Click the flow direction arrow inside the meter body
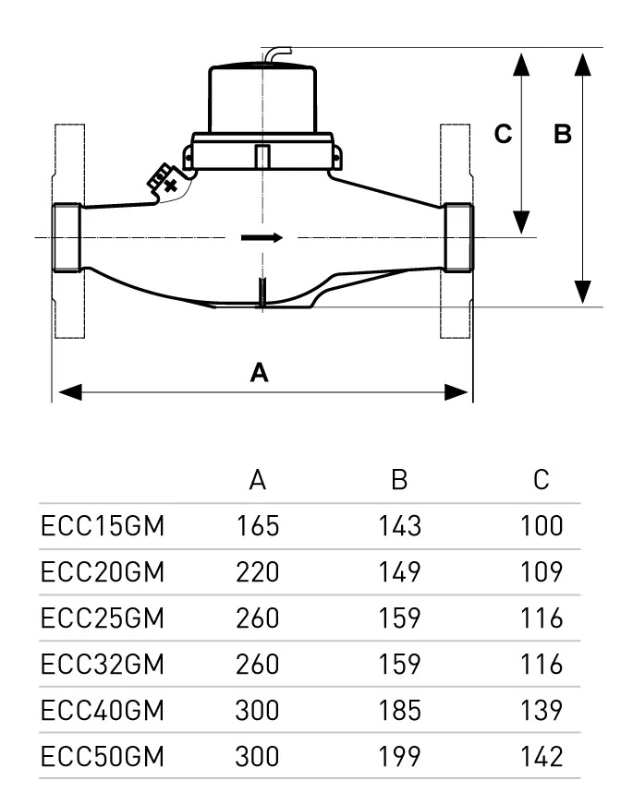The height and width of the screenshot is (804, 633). [262, 237]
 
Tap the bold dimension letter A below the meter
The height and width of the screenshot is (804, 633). [260, 372]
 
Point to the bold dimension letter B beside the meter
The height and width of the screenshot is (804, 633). [563, 134]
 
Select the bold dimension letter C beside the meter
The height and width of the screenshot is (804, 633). [503, 134]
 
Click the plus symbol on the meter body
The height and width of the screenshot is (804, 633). [170, 186]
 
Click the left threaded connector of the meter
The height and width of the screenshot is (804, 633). [67, 237]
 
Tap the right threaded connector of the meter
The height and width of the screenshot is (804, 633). [458, 237]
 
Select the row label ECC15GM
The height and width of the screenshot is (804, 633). [103, 526]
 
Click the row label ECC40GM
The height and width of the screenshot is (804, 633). [103, 711]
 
